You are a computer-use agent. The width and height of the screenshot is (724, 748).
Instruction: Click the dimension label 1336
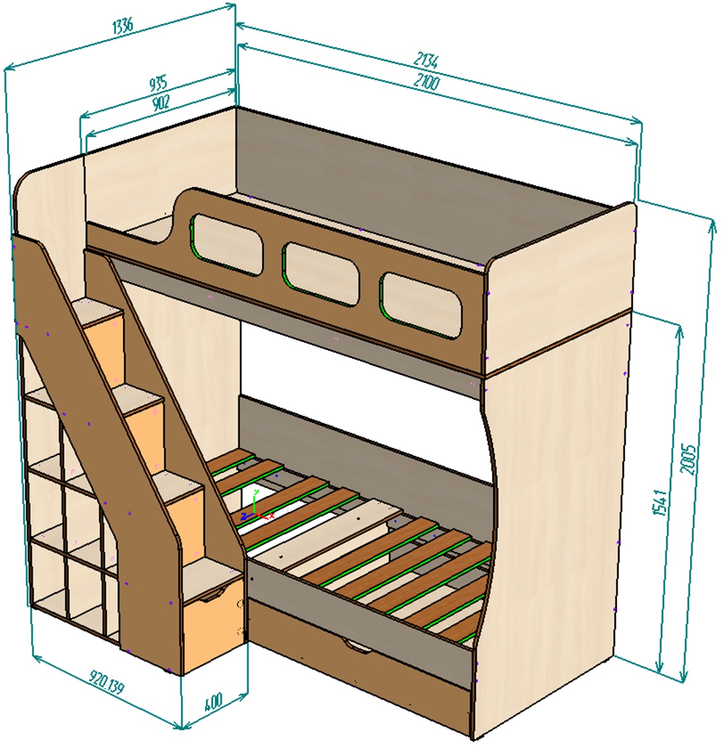123,26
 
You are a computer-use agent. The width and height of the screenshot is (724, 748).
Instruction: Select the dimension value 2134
426,59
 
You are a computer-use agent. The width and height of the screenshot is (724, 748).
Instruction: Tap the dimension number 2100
426,83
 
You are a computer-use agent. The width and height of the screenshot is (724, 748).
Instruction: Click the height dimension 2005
689,459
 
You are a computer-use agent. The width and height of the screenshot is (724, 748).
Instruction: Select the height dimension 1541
660,502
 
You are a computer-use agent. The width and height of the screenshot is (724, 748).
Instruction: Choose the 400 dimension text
213,701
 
